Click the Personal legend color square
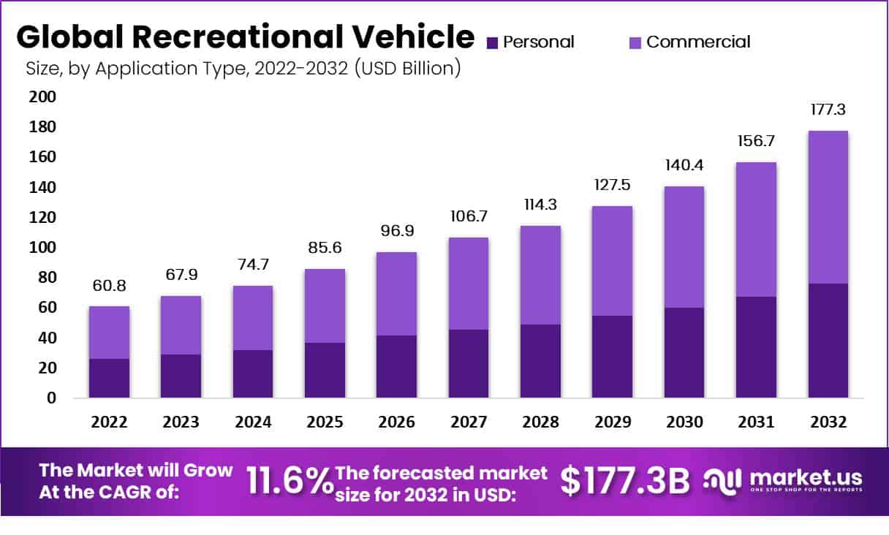(x=491, y=42)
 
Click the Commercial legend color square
(x=635, y=42)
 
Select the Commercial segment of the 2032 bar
(x=828, y=207)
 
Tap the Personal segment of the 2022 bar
(x=109, y=378)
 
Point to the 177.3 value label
(x=828, y=110)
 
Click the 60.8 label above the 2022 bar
(x=109, y=286)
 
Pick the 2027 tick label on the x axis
(x=468, y=422)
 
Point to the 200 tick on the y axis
(x=42, y=97)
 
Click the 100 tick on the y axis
(x=42, y=248)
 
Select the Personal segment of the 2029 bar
(x=612, y=357)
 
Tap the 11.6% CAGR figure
(x=289, y=480)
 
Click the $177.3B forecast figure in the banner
(x=625, y=480)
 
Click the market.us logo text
(x=804, y=477)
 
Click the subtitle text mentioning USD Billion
(x=242, y=69)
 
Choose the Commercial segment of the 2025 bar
(x=325, y=306)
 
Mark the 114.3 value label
(x=540, y=205)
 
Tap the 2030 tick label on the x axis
(x=684, y=422)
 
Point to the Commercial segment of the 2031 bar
(x=756, y=229)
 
